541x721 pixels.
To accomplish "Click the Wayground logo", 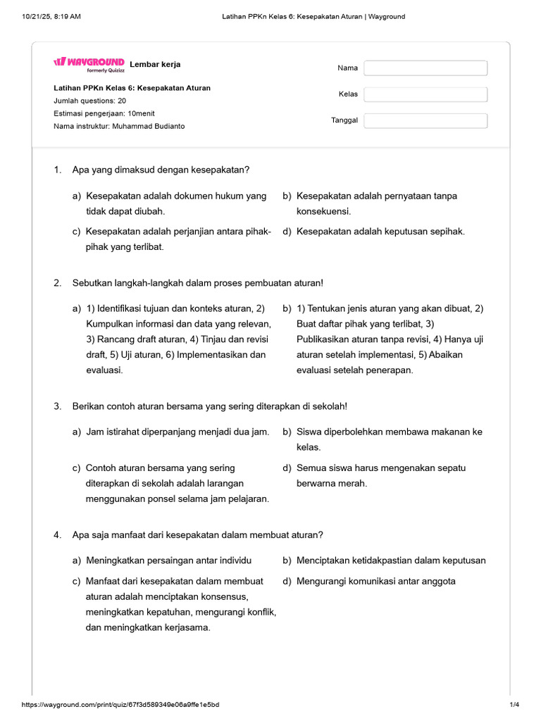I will (x=89, y=63).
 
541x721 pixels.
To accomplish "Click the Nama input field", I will (x=425, y=68).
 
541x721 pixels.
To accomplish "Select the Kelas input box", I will (x=425, y=94).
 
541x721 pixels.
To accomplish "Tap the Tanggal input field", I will (x=425, y=120).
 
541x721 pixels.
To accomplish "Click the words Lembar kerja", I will (x=155, y=64).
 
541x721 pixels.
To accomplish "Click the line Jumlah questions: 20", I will (x=90, y=101).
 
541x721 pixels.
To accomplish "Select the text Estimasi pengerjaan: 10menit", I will (x=104, y=113).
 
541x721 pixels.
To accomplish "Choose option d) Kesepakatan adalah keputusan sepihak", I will (x=380, y=232).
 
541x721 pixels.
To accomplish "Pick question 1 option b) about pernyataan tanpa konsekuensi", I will (x=376, y=203).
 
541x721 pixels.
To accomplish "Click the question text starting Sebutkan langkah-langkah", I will (x=198, y=283).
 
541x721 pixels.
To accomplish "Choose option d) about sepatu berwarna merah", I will (x=380, y=475).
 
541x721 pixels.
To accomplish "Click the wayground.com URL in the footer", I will (x=120, y=705).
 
